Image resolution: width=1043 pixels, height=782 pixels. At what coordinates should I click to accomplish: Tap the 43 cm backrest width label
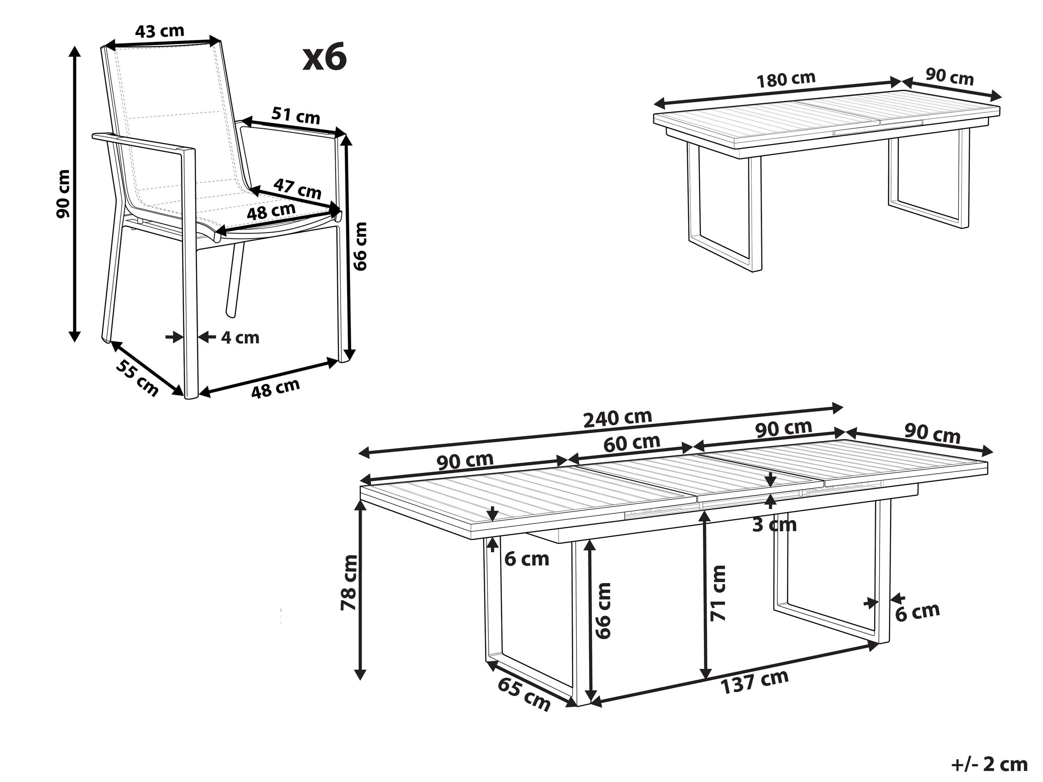click(159, 31)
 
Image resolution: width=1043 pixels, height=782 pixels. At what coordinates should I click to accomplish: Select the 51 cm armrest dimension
click(296, 116)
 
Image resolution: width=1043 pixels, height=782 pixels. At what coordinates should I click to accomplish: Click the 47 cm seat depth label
click(297, 189)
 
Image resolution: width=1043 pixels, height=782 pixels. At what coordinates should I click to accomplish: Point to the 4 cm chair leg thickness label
click(240, 338)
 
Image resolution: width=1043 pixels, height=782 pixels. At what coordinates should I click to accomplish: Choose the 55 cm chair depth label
click(137, 378)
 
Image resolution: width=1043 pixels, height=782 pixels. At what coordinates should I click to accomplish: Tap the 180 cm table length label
click(786, 80)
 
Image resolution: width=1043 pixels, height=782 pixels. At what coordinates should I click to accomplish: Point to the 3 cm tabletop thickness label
click(774, 524)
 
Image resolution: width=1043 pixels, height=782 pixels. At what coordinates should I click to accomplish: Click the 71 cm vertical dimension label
click(719, 593)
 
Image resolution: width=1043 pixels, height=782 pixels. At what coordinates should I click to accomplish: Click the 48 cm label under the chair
click(275, 388)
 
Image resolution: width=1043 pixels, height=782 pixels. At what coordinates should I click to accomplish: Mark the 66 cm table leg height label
click(603, 611)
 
